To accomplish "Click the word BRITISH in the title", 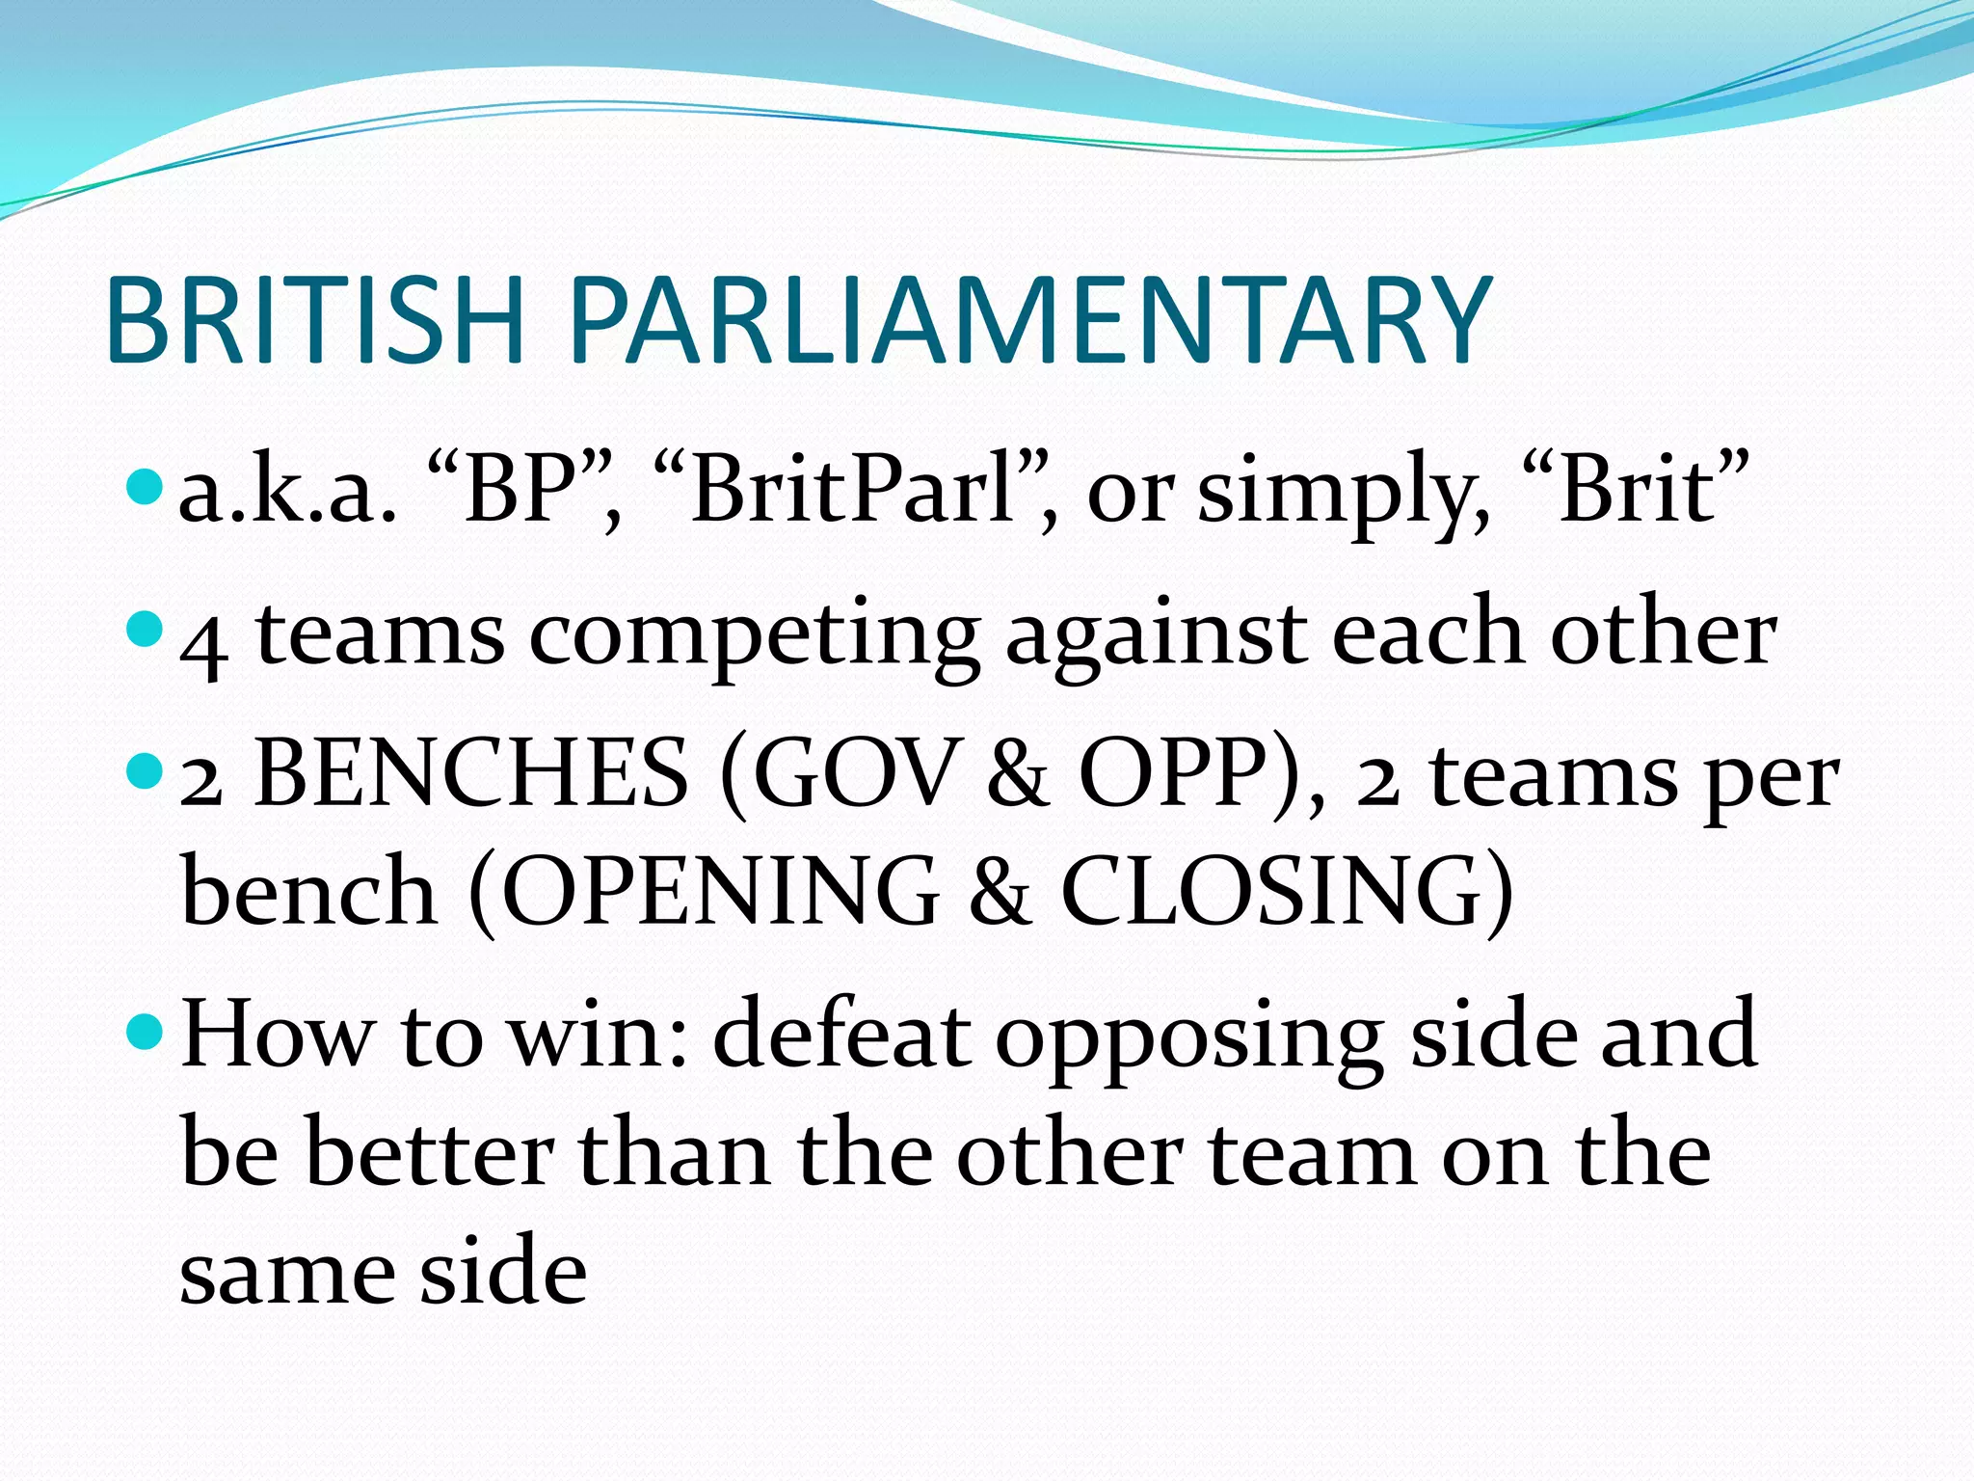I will pos(315,320).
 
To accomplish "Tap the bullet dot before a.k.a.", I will pos(147,487).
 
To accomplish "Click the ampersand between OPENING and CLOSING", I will pos(1000,891).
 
